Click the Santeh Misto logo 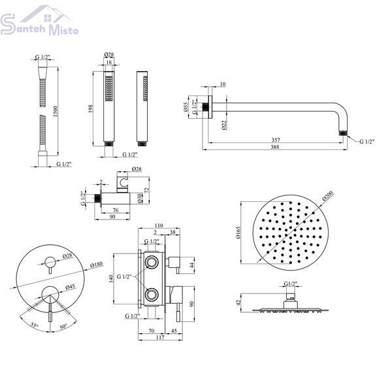tap(39, 21)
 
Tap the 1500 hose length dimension tap(56, 111)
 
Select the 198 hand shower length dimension tap(90, 108)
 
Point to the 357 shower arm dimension tap(276, 140)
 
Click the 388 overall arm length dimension tap(275, 147)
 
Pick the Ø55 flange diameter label tap(186, 107)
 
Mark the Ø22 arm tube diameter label tap(224, 125)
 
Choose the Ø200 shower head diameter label tap(328, 196)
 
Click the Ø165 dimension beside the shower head tap(238, 233)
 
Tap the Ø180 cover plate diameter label tap(97, 264)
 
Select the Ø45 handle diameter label tap(71, 287)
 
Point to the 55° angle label tap(35, 325)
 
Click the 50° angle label tap(63, 327)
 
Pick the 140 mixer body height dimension tap(111, 278)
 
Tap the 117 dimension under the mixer tap(160, 337)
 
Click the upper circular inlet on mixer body tap(152, 262)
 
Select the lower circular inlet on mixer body tap(152, 295)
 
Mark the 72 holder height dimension tap(147, 190)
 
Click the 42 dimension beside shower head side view tap(239, 302)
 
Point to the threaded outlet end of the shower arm tap(343, 133)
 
